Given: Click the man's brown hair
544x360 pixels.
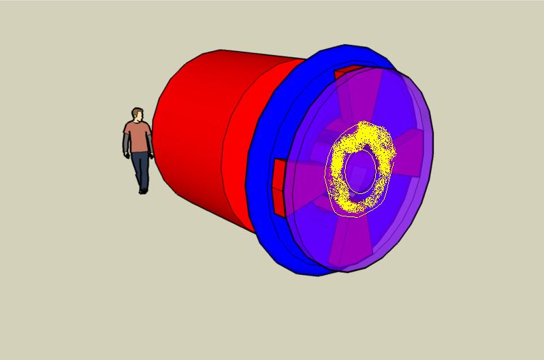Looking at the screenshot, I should click(138, 111).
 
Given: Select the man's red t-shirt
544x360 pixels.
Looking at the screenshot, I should click(138, 136).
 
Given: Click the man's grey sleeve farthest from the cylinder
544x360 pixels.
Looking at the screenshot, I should click(126, 142).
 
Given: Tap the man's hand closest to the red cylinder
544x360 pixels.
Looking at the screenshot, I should click(152, 156).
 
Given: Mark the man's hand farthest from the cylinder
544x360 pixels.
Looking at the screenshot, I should click(126, 154).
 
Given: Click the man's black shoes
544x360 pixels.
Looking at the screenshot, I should click(142, 191).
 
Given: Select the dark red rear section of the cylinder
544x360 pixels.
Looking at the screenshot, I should click(191, 136).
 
